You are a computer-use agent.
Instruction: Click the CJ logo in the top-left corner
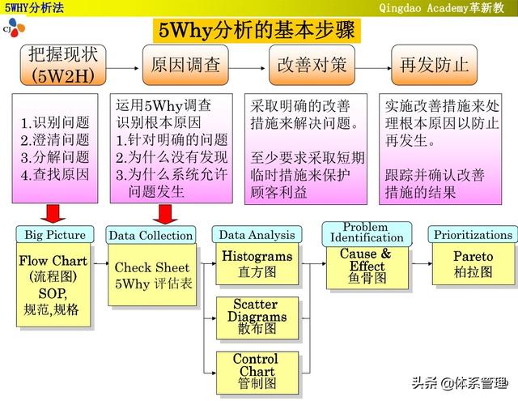coord(14,28)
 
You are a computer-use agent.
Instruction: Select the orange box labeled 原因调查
coord(185,65)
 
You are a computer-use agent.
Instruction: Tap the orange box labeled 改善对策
coord(312,65)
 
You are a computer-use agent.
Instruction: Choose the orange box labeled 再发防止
coord(434,65)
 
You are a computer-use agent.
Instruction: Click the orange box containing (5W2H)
coord(63,65)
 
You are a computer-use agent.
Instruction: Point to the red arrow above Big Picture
coord(53,214)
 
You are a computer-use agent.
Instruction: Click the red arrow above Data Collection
coord(165,214)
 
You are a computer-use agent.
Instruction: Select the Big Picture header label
coord(55,235)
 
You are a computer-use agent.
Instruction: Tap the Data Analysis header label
coord(257,235)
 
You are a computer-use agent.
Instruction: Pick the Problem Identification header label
coord(367,233)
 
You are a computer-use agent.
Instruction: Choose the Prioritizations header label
coord(473,235)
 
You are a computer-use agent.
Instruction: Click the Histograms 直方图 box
coord(257,264)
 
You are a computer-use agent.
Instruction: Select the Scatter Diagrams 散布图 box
coord(257,318)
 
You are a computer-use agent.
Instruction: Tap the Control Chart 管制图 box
coord(257,373)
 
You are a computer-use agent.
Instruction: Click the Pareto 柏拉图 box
coord(473,264)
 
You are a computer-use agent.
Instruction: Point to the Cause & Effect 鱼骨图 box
coord(367,267)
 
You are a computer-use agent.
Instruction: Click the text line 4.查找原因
coord(55,174)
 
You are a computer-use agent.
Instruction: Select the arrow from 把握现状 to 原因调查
coord(122,68)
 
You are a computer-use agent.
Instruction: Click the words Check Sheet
coord(152,267)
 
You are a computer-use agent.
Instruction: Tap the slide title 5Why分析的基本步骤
coord(257,31)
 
